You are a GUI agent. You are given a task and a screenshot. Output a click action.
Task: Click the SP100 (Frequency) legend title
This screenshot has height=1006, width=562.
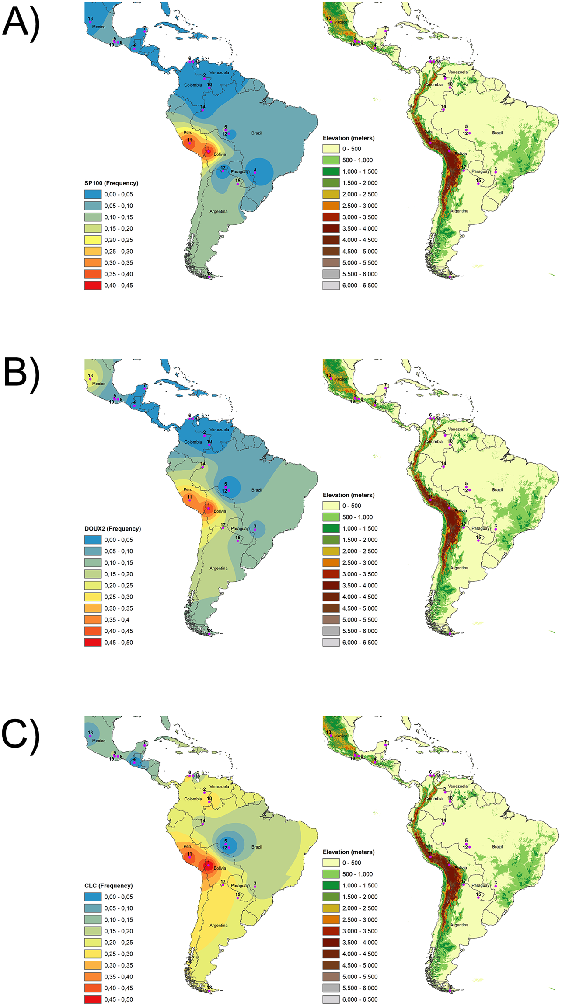click(111, 183)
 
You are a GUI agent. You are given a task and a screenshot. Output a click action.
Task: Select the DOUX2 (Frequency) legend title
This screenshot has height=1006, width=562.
click(112, 528)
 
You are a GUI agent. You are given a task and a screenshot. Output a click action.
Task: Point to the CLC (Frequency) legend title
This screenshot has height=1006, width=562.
click(108, 885)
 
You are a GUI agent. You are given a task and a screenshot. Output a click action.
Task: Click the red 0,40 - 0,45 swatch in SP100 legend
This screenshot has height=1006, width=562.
click(93, 285)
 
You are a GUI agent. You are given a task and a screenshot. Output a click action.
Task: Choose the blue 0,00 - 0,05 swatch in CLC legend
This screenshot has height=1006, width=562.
click(93, 897)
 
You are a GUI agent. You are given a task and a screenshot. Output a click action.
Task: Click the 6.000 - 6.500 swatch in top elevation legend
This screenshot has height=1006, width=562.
click(331, 285)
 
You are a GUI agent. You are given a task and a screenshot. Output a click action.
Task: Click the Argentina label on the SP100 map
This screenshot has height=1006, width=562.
click(218, 211)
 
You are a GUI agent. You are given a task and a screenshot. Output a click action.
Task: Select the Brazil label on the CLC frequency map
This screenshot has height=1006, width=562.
click(257, 847)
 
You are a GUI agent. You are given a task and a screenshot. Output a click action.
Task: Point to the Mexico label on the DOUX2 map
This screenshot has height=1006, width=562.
click(98, 384)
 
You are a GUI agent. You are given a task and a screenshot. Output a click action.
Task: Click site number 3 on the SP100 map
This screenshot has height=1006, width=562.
click(255, 172)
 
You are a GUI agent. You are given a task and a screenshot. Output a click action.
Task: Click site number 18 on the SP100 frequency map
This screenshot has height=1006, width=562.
click(209, 276)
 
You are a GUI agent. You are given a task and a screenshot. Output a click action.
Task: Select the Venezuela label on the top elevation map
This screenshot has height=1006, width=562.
click(457, 72)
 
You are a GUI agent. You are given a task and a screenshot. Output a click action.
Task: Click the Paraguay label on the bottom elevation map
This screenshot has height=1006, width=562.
click(480, 885)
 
